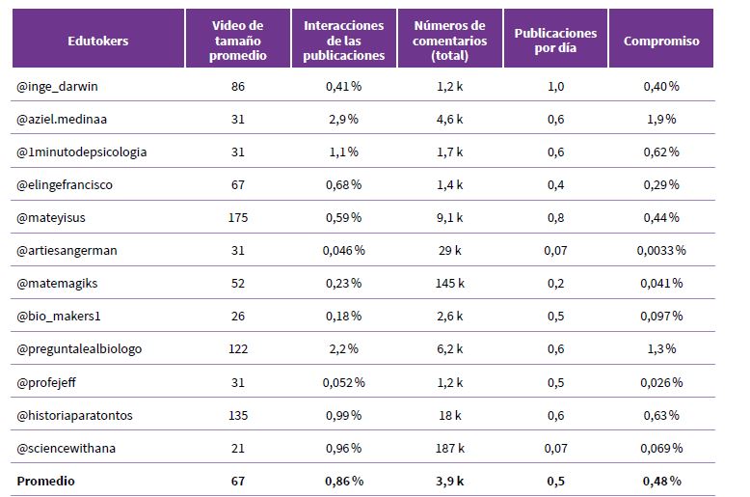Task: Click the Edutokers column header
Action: click(x=98, y=41)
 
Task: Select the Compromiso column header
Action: click(x=661, y=41)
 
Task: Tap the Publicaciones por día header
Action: click(x=555, y=41)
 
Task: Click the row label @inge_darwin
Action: click(x=58, y=87)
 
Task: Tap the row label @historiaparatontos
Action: click(x=74, y=415)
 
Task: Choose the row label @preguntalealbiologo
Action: click(x=79, y=348)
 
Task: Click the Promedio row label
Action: click(x=46, y=481)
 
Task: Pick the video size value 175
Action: click(x=238, y=217)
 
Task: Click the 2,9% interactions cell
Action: click(x=344, y=120)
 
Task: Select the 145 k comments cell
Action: click(x=449, y=283)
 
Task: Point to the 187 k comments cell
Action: click(x=449, y=448)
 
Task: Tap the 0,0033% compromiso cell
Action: click(x=661, y=250)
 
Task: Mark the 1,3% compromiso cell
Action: click(x=661, y=348)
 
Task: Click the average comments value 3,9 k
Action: click(x=449, y=481)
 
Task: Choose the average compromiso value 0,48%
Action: click(x=661, y=481)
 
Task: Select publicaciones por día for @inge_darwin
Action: click(x=555, y=87)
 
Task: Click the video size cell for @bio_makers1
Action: click(x=238, y=316)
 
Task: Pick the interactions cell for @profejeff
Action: click(x=344, y=382)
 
